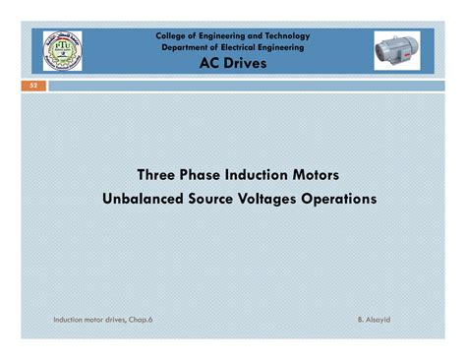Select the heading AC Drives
click(232, 63)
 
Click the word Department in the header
click(184, 47)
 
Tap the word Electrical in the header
click(241, 47)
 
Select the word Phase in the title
click(202, 175)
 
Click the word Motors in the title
click(317, 175)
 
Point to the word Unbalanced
click(145, 198)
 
